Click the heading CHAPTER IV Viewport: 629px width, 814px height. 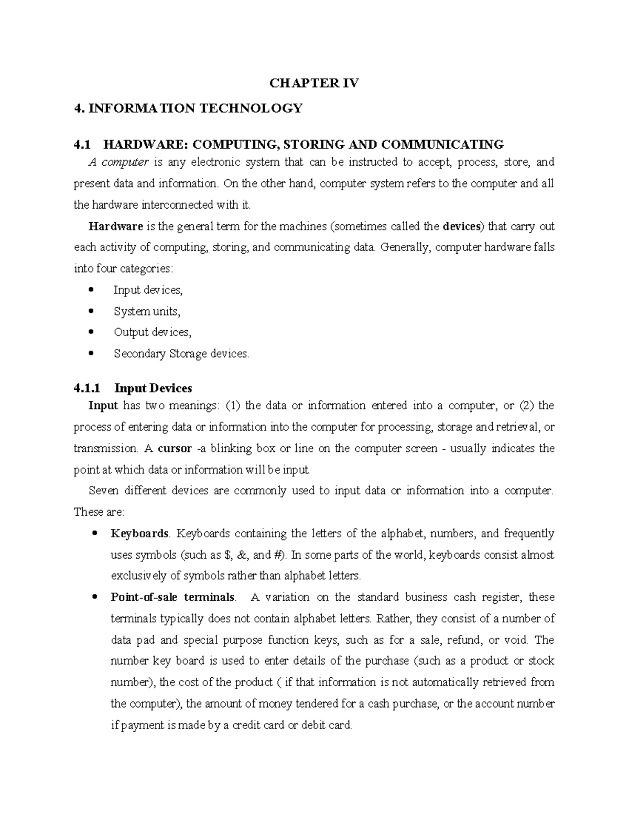(314, 83)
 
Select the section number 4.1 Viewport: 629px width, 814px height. (82, 144)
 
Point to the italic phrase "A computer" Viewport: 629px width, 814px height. (118, 162)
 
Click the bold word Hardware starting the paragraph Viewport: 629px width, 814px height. (116, 226)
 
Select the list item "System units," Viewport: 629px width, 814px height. (147, 311)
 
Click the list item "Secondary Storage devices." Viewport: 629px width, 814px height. (181, 354)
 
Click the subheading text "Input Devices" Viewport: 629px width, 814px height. (153, 388)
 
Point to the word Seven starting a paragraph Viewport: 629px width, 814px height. (104, 491)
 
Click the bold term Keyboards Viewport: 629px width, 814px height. (139, 534)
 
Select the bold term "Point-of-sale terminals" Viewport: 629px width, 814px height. (173, 598)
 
